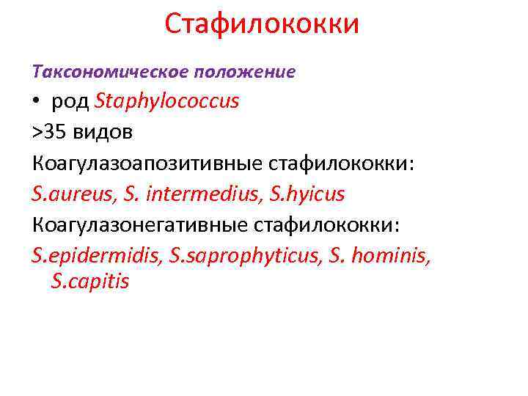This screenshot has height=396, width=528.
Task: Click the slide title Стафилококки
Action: (262, 23)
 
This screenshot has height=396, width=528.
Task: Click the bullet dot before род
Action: (37, 102)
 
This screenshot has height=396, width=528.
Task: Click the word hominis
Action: (383, 256)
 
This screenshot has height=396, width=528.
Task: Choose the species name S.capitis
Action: (90, 281)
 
